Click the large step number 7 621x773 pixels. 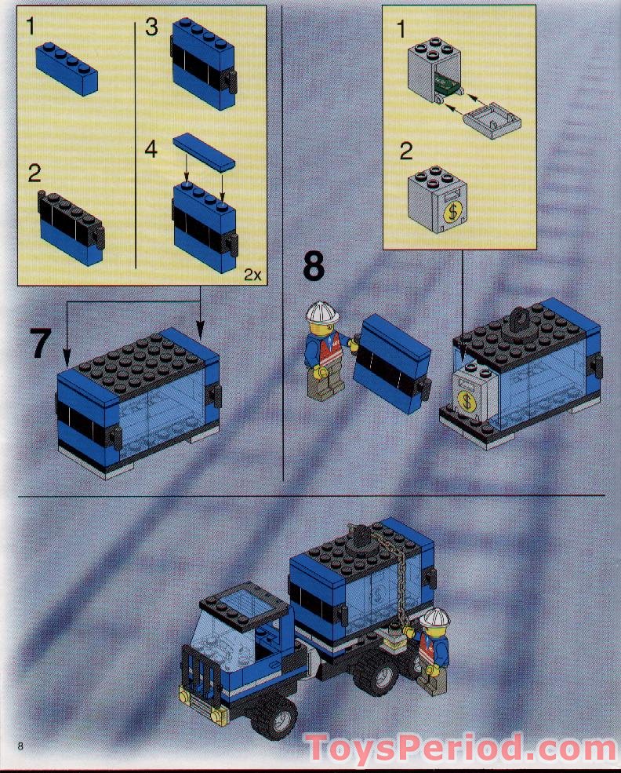click(x=42, y=344)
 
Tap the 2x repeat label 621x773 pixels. click(x=252, y=274)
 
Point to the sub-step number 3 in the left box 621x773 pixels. click(x=151, y=28)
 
